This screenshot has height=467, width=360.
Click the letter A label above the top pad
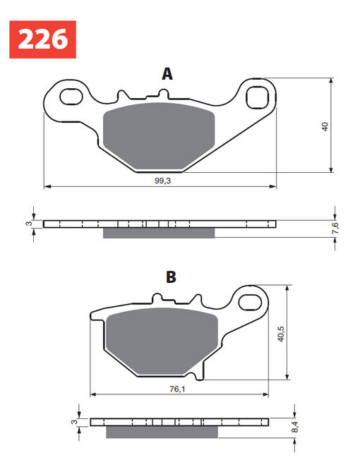pyautogui.click(x=167, y=74)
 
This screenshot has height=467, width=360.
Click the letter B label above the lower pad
pyautogui.click(x=170, y=277)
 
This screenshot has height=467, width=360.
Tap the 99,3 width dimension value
pyautogui.click(x=164, y=181)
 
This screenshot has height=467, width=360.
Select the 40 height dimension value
pyautogui.click(x=325, y=127)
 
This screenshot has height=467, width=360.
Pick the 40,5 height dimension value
pyautogui.click(x=280, y=333)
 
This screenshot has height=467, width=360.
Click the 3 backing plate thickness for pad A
pyautogui.click(x=29, y=224)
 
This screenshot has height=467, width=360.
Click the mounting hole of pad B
pyautogui.click(x=251, y=303)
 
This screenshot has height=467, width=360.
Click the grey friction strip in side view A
pyautogui.click(x=159, y=233)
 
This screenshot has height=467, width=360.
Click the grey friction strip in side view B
pyautogui.click(x=153, y=432)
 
